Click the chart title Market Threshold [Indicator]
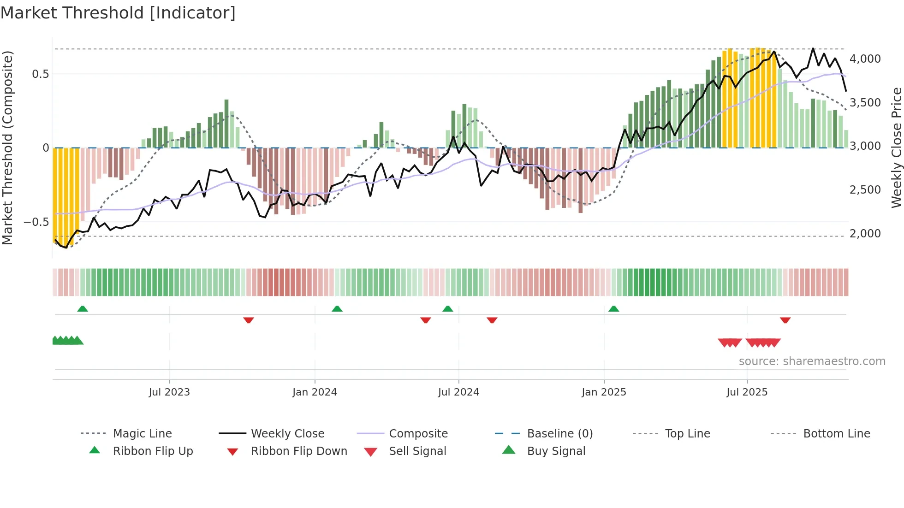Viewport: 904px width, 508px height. click(x=118, y=13)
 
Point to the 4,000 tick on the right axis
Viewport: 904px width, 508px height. click(x=865, y=59)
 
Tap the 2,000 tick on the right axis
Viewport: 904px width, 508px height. click(x=865, y=234)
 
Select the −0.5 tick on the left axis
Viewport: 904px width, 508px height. click(x=36, y=222)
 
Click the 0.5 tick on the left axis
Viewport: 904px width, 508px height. click(x=40, y=74)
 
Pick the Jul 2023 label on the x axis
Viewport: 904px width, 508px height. click(x=169, y=392)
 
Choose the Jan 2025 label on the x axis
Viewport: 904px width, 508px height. click(x=604, y=392)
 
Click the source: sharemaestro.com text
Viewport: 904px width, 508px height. click(x=812, y=361)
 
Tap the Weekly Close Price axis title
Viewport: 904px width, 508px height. click(x=896, y=148)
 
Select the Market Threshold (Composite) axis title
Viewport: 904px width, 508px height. click(x=7, y=148)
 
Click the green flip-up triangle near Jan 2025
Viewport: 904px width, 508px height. click(x=613, y=309)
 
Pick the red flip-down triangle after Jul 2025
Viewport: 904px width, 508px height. click(x=785, y=320)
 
